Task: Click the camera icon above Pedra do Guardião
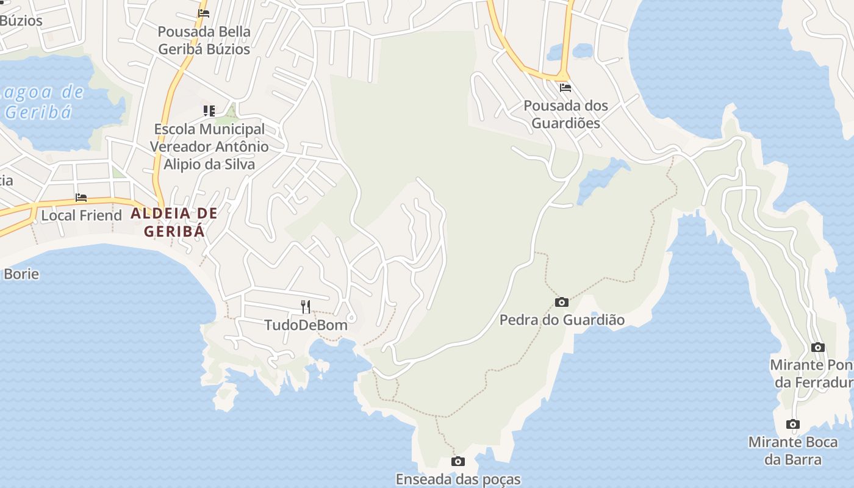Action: pos(562,302)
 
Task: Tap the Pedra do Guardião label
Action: pos(562,320)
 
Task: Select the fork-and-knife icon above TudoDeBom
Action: pos(306,306)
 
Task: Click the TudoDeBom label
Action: pos(306,325)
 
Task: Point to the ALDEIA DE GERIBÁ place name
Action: pos(174,222)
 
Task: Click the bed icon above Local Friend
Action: pos(81,198)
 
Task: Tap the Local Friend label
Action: pos(81,215)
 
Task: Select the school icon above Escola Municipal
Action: pos(209,111)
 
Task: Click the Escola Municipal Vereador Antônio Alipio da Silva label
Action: pos(209,146)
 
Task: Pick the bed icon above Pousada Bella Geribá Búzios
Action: pos(204,13)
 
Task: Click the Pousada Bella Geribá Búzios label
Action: pos(204,40)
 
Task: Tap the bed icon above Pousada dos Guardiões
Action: pos(565,87)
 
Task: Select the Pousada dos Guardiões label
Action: pos(565,114)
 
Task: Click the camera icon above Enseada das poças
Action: pos(458,462)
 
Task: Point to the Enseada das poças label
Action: pos(458,479)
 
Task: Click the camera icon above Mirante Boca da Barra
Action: pos(793,425)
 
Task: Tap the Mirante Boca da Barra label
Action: pos(793,451)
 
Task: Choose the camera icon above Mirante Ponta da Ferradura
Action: pos(818,348)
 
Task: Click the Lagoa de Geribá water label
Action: pos(43,102)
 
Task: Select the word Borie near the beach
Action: pos(21,274)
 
